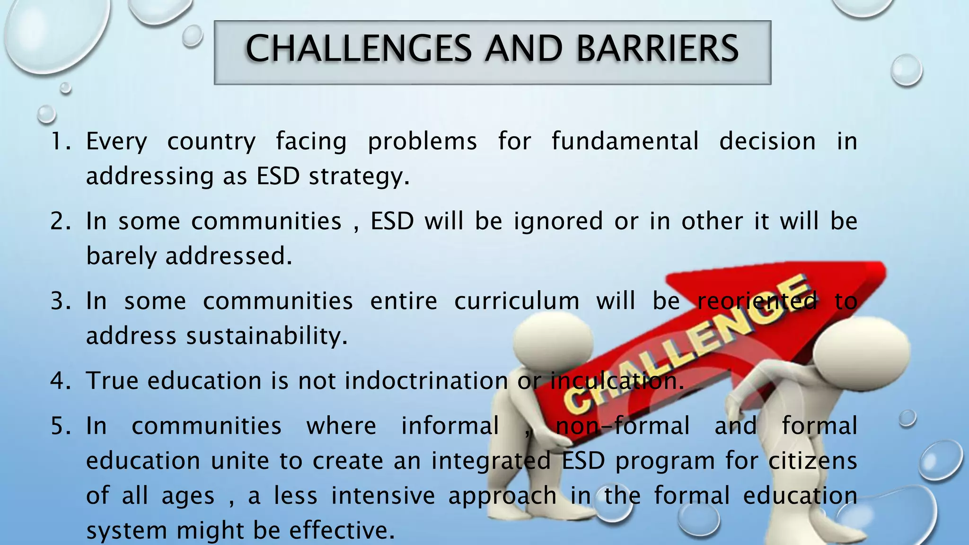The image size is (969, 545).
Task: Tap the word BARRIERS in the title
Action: pyautogui.click(x=657, y=49)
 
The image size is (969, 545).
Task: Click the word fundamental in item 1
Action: pyautogui.click(x=625, y=141)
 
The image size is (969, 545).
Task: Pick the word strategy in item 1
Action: pyautogui.click(x=359, y=177)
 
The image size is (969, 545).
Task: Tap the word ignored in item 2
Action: pyautogui.click(x=558, y=221)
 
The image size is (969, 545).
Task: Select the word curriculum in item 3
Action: pyautogui.click(x=517, y=301)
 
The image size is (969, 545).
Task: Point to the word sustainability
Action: pyautogui.click(x=267, y=336)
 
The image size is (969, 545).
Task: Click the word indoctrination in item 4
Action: pyautogui.click(x=426, y=380)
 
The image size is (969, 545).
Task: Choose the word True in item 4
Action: pyautogui.click(x=112, y=380)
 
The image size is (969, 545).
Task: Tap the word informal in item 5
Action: pyautogui.click(x=450, y=425)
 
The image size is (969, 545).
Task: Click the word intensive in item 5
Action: pyautogui.click(x=383, y=495)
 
